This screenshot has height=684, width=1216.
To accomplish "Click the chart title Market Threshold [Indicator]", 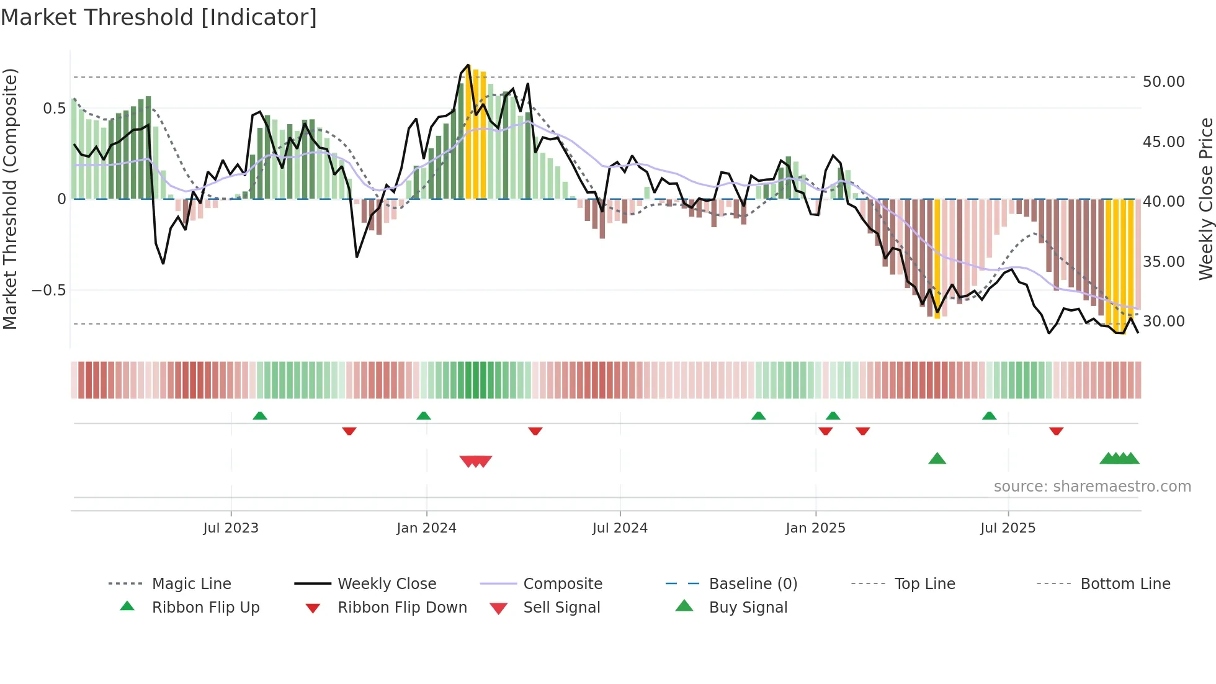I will [x=159, y=17].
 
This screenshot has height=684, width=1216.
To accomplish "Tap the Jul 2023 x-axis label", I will [x=231, y=528].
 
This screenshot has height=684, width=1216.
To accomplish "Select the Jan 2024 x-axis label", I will [x=426, y=528].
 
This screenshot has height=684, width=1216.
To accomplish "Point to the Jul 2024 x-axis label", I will [x=620, y=528].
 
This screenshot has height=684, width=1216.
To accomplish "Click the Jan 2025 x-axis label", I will [x=815, y=528].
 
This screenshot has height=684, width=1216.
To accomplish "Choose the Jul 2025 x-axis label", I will [x=1008, y=528].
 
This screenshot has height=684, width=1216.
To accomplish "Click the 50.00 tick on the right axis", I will [x=1163, y=82].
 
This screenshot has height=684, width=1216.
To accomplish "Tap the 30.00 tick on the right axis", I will [x=1163, y=322].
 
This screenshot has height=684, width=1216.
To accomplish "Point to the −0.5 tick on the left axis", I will [x=49, y=290].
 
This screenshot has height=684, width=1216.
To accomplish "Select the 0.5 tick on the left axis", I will [x=54, y=109].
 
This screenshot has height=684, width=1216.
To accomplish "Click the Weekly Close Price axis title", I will [x=1205, y=199].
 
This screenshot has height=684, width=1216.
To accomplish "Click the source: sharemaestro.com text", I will [x=1092, y=487].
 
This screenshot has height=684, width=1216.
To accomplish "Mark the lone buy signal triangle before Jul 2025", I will [x=937, y=459].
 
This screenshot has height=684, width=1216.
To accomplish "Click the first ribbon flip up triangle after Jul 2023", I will [x=260, y=416].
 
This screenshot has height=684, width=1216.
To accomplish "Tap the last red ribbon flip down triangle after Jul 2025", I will [x=1057, y=431].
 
